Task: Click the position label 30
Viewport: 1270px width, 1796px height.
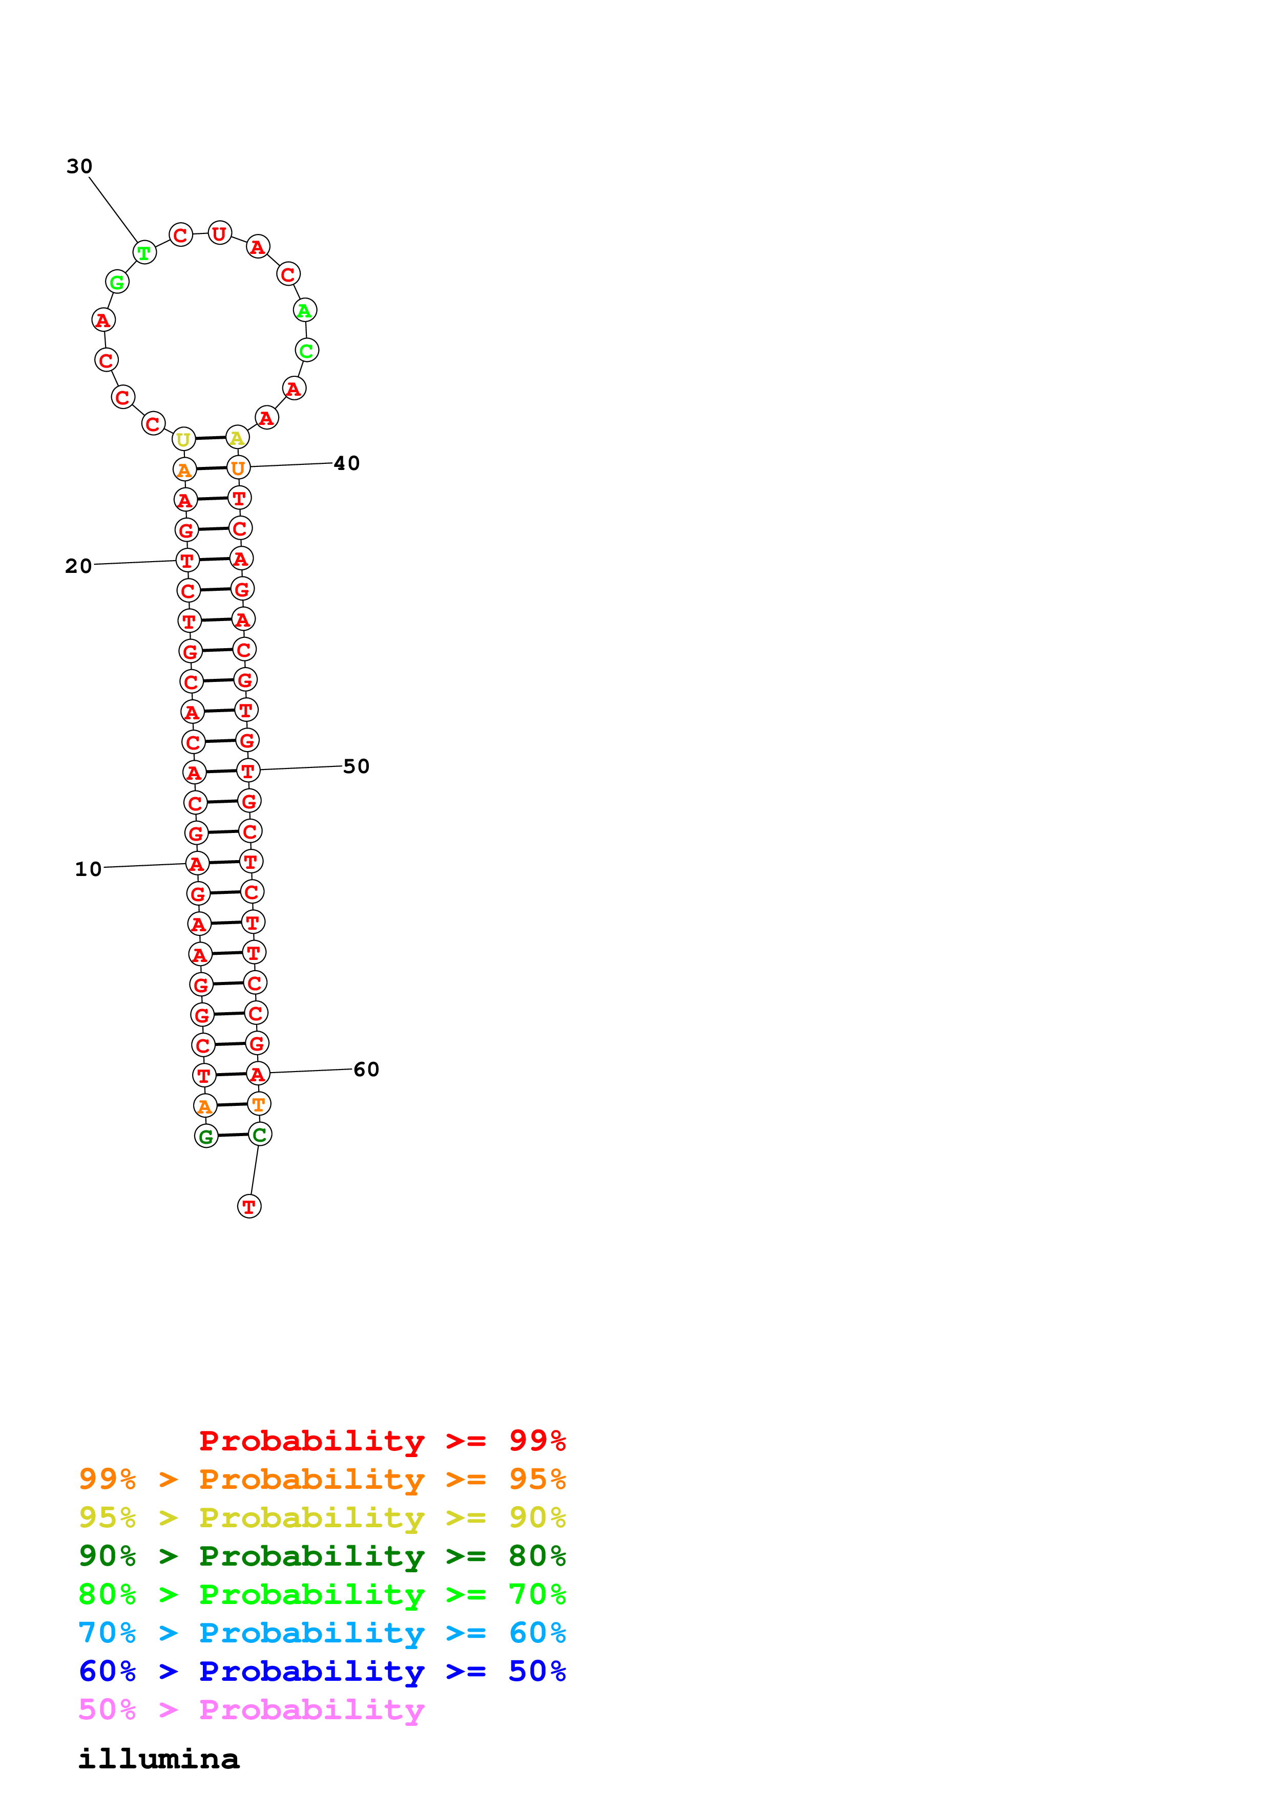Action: pos(79,166)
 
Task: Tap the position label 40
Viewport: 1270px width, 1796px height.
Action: pos(347,464)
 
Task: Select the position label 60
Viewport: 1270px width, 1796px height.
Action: pos(366,1070)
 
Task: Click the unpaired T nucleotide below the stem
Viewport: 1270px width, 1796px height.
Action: pos(249,1207)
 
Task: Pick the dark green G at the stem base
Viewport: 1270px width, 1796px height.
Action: pos(206,1137)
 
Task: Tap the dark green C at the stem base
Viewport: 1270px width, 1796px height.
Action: pos(260,1134)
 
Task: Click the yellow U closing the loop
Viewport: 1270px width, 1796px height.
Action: pos(183,440)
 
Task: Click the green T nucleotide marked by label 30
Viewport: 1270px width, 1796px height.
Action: pos(144,253)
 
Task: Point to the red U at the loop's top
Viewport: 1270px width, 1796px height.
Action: pos(219,233)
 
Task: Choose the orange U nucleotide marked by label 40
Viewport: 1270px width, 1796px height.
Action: pos(238,468)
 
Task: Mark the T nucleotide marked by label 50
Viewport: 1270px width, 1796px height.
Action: pos(248,771)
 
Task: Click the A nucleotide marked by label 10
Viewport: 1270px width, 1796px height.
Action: pos(196,864)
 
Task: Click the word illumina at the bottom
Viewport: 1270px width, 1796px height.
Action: pos(159,1759)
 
